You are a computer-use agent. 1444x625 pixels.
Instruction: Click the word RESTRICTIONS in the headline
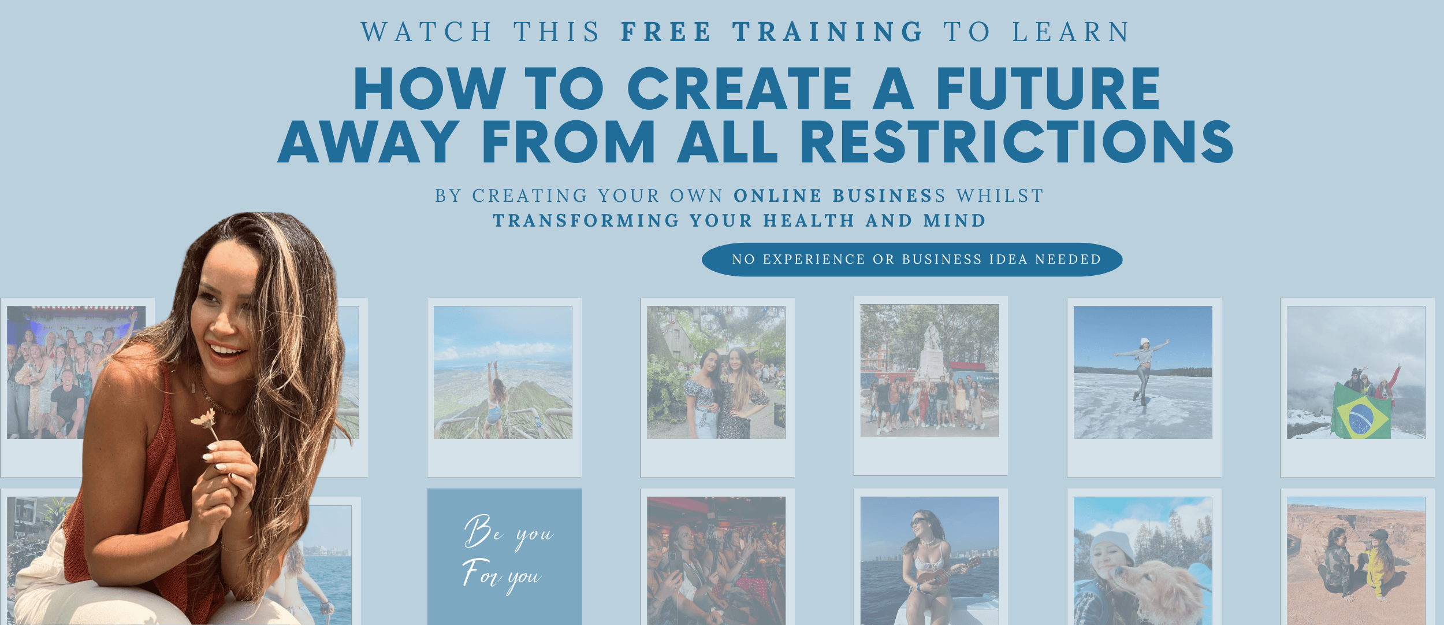(x=1017, y=142)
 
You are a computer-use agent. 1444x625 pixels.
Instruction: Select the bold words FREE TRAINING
(x=772, y=32)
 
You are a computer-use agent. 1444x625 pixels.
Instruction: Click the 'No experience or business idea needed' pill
(x=912, y=260)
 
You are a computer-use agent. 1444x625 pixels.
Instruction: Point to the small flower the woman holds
(x=205, y=420)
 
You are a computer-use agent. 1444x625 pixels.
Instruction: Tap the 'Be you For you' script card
(x=504, y=556)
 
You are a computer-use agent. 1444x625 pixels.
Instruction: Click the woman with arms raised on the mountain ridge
(x=495, y=399)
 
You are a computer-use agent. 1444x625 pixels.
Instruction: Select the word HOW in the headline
(x=430, y=88)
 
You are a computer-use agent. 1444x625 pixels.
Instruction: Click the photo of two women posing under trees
(x=716, y=372)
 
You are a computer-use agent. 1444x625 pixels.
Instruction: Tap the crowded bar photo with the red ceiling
(x=716, y=561)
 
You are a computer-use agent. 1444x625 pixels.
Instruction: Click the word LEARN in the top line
(x=1071, y=32)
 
